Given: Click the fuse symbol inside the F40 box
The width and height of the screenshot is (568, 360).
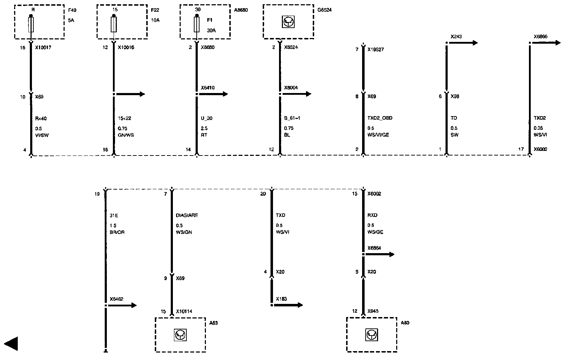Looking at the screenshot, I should point(31,25).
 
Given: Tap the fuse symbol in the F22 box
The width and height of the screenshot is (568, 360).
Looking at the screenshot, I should point(114,25).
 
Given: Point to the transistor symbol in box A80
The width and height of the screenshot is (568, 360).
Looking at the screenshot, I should point(371,335).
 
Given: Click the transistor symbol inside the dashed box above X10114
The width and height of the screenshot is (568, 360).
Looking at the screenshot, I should point(180,335).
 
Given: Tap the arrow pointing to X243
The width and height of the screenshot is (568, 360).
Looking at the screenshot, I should point(462,43).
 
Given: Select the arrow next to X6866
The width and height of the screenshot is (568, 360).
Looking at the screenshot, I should point(545,43).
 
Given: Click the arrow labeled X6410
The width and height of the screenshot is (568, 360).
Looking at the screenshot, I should point(212,94).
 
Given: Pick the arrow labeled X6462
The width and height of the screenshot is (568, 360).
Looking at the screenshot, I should point(121,305).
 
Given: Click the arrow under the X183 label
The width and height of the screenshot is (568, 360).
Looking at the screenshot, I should point(288,305).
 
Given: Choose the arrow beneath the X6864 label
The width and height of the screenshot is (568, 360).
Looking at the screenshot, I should point(379,254).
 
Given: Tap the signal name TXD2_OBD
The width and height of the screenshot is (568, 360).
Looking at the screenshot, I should point(380,118).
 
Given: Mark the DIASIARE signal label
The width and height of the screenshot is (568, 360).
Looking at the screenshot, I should point(187,215).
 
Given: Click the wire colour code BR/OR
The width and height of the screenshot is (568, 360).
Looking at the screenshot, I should point(117,232).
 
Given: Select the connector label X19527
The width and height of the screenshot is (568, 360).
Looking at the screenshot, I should point(376,50).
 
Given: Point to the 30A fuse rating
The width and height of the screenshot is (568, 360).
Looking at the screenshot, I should point(211,31).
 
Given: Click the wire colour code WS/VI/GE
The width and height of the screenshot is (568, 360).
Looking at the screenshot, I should point(378,135).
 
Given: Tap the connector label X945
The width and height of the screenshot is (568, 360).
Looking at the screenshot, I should point(373,311).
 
